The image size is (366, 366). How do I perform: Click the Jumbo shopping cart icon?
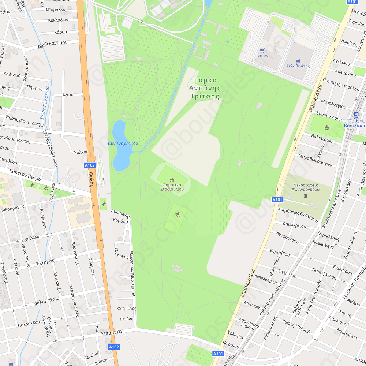(262, 51)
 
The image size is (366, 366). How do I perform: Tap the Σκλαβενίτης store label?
(298, 66)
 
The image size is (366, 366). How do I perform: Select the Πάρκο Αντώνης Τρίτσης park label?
(205, 88)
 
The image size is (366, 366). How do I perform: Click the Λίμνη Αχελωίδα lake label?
(122, 143)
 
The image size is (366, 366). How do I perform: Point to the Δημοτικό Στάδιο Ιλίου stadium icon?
(172, 179)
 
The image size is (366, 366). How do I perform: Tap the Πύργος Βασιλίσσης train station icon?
(356, 115)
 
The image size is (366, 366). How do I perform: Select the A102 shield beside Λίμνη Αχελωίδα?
(90, 165)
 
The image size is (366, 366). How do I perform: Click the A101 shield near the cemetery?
(277, 199)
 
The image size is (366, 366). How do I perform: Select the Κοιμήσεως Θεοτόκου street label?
(298, 214)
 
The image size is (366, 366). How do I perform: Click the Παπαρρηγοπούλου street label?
(341, 83)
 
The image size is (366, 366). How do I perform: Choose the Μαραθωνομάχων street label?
(315, 160)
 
